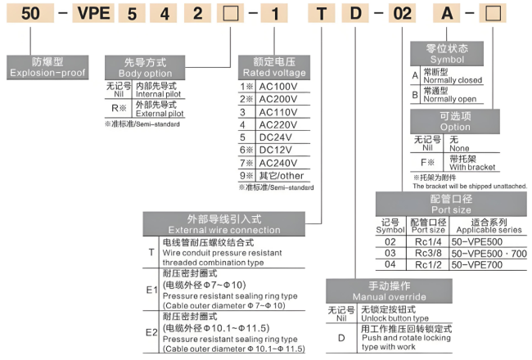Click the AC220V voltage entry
pyautogui.click(x=278, y=124)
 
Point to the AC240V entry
pyautogui.click(x=278, y=162)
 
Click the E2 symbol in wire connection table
pyautogui.click(x=151, y=332)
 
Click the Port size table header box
pyautogui.click(x=451, y=203)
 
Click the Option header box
pyautogui.click(x=455, y=121)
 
